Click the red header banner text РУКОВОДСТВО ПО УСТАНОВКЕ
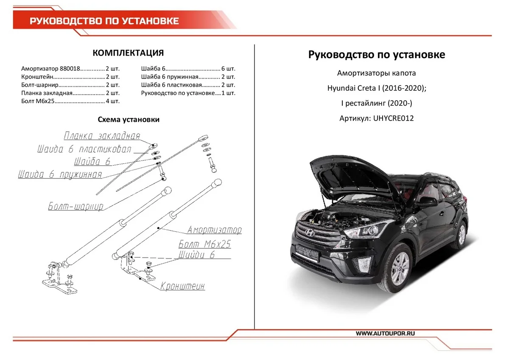tap(104, 21)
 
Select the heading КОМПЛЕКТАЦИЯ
tap(128, 53)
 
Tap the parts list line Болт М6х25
tap(70, 101)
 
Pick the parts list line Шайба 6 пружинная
tap(188, 77)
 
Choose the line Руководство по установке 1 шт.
tap(188, 93)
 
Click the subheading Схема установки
tap(129, 120)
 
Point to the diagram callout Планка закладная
tap(102, 136)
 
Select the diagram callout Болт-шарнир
tap(76, 207)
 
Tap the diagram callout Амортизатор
tap(215, 230)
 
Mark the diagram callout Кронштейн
tap(182, 287)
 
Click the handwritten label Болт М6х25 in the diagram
tap(204, 244)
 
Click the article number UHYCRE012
tap(393, 118)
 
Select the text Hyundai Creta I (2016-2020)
tap(377, 89)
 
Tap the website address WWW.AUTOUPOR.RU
tap(385, 334)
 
